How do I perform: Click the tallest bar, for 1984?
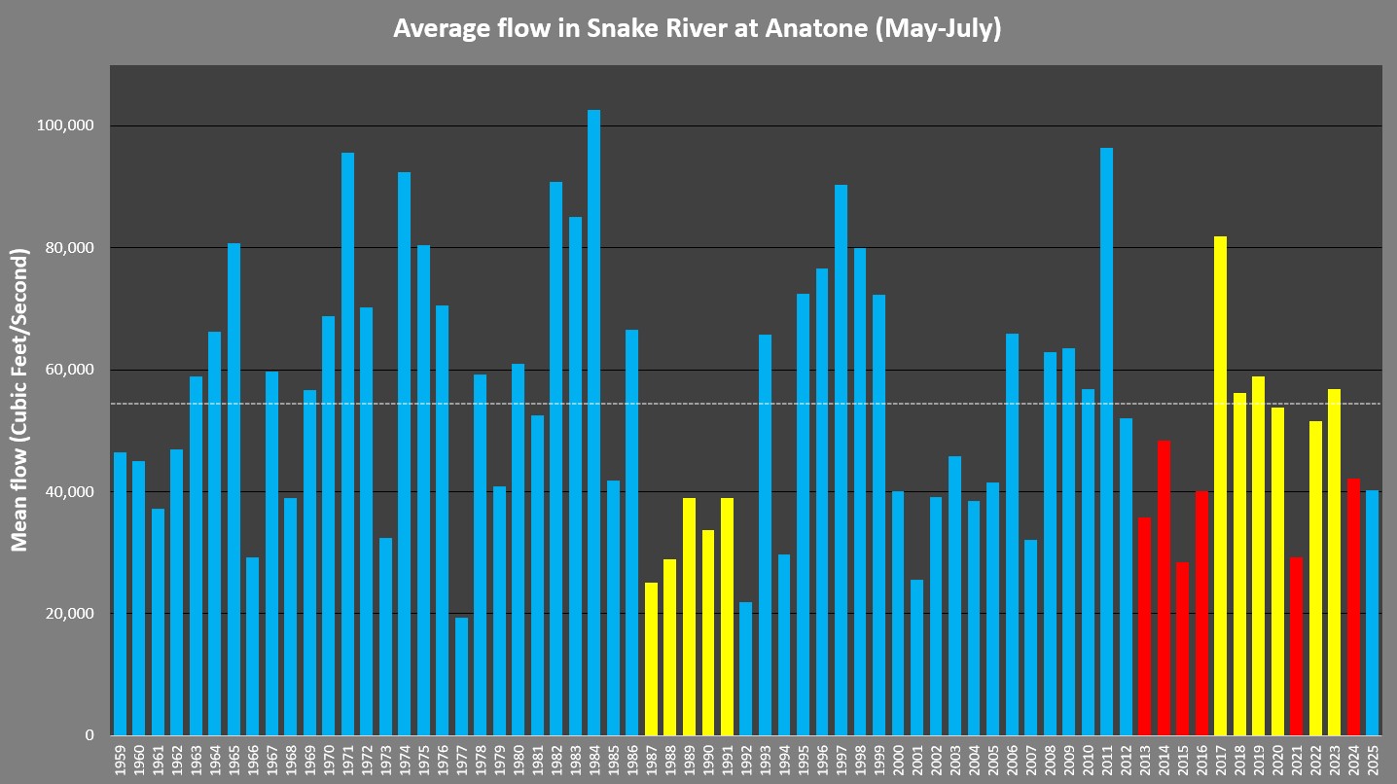(593, 423)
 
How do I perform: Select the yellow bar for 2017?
(1220, 486)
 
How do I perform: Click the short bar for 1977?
(461, 676)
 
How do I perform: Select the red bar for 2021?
(1296, 647)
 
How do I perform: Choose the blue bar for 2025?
(1372, 613)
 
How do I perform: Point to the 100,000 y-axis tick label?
(63, 126)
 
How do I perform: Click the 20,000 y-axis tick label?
(67, 614)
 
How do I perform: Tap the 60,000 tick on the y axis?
(67, 371)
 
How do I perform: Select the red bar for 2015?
(1182, 649)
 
